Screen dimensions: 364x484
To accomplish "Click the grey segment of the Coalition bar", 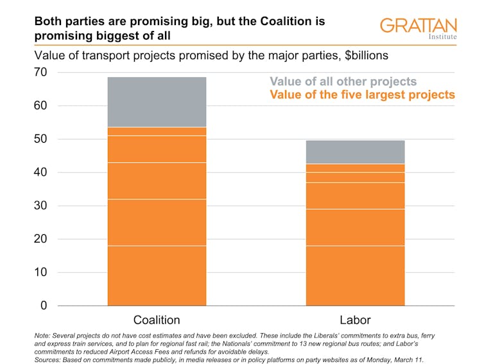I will pyautogui.click(x=157, y=102).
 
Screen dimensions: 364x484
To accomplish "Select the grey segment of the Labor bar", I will pyautogui.click(x=355, y=152).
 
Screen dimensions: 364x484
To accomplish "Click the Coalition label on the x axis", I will pyautogui.click(x=157, y=320).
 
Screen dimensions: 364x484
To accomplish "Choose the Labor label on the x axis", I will pyautogui.click(x=355, y=320).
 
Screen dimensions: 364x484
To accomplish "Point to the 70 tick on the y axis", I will pyautogui.click(x=40, y=73).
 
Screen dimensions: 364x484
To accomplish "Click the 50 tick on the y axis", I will pyautogui.click(x=40, y=139).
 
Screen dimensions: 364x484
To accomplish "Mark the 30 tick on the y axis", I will pyautogui.click(x=40, y=206).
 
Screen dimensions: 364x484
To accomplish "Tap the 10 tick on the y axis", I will pyautogui.click(x=40, y=272).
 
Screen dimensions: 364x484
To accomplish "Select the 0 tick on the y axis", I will pyautogui.click(x=44, y=305).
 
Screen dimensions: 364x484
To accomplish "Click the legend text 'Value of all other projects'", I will pyautogui.click(x=343, y=82).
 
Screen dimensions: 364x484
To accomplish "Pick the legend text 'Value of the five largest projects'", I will pyautogui.click(x=362, y=95).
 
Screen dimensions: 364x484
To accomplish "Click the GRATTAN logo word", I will pyautogui.click(x=418, y=26).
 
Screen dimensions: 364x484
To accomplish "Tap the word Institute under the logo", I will pyautogui.click(x=442, y=37).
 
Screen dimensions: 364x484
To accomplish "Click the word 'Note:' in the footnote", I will pyautogui.click(x=44, y=336).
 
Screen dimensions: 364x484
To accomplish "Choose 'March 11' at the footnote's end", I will pyautogui.click(x=406, y=359).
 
